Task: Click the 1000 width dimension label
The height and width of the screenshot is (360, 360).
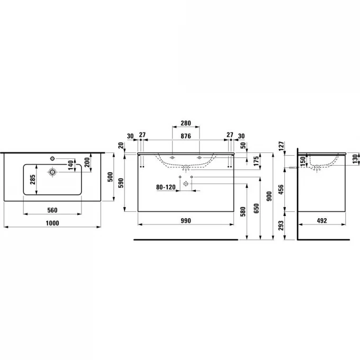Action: tap(52, 223)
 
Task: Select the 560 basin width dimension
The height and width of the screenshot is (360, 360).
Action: tap(52, 210)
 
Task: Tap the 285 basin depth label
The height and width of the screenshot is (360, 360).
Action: tap(33, 179)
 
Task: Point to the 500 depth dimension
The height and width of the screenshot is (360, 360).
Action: tap(111, 177)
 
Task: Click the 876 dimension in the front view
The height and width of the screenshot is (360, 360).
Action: tap(186, 136)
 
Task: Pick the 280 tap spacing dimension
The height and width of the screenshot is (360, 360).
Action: tap(186, 123)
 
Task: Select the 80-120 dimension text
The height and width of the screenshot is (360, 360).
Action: tap(166, 187)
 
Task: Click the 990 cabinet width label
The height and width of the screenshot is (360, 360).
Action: tap(186, 221)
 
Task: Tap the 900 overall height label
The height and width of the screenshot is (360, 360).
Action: tap(269, 196)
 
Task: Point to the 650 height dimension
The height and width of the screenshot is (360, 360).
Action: tap(256, 208)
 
